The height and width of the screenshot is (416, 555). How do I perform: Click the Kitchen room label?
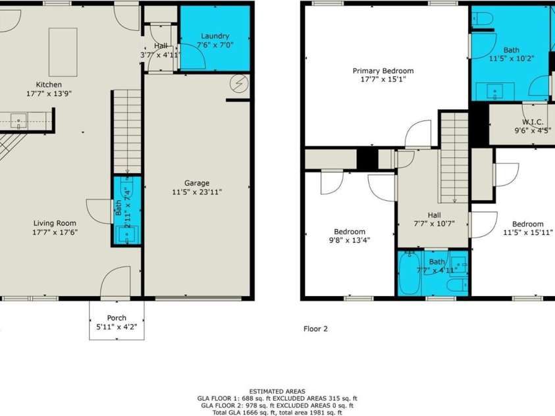(x=49, y=84)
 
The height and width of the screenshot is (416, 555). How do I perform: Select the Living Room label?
(x=55, y=223)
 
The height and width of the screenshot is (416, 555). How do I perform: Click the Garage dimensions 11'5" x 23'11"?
(x=196, y=192)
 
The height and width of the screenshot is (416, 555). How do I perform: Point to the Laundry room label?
(x=215, y=36)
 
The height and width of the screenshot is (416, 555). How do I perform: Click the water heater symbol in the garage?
(x=238, y=84)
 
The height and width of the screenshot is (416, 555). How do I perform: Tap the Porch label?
(x=117, y=318)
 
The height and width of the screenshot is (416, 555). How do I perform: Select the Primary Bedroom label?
(x=383, y=70)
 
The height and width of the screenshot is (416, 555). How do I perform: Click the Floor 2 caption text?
(x=315, y=328)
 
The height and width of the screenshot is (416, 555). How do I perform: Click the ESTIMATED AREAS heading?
(x=277, y=391)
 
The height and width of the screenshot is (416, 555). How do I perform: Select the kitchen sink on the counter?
(x=18, y=119)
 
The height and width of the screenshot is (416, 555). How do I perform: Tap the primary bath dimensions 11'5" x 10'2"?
(x=511, y=58)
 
